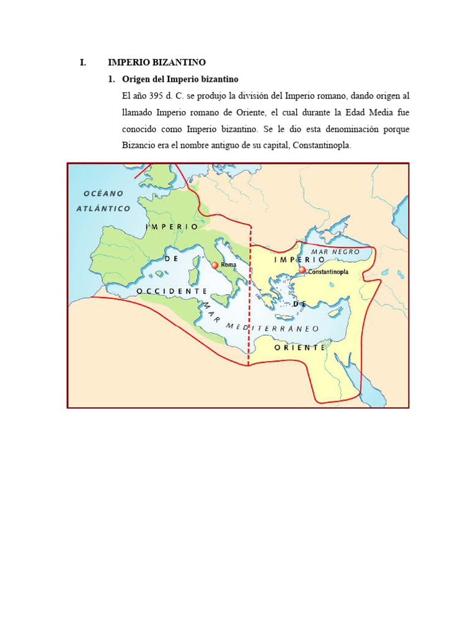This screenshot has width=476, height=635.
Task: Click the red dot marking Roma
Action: (215, 265)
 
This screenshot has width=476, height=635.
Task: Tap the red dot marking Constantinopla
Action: (302, 270)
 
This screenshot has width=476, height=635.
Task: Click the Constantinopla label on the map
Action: (328, 272)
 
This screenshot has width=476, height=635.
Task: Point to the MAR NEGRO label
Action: (335, 252)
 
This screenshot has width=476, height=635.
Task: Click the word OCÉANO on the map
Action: (104, 193)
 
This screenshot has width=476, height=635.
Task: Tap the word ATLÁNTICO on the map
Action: (104, 208)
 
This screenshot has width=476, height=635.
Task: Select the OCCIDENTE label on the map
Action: (172, 290)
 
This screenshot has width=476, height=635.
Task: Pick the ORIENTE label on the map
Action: (300, 348)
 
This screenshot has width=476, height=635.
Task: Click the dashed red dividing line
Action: (250, 298)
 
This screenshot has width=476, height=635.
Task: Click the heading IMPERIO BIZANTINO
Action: (157, 63)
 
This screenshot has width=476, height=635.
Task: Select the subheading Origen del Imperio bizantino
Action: (180, 79)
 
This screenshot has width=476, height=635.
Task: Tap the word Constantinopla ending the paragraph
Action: (324, 146)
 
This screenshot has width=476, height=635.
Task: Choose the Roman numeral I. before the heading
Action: (83, 63)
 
